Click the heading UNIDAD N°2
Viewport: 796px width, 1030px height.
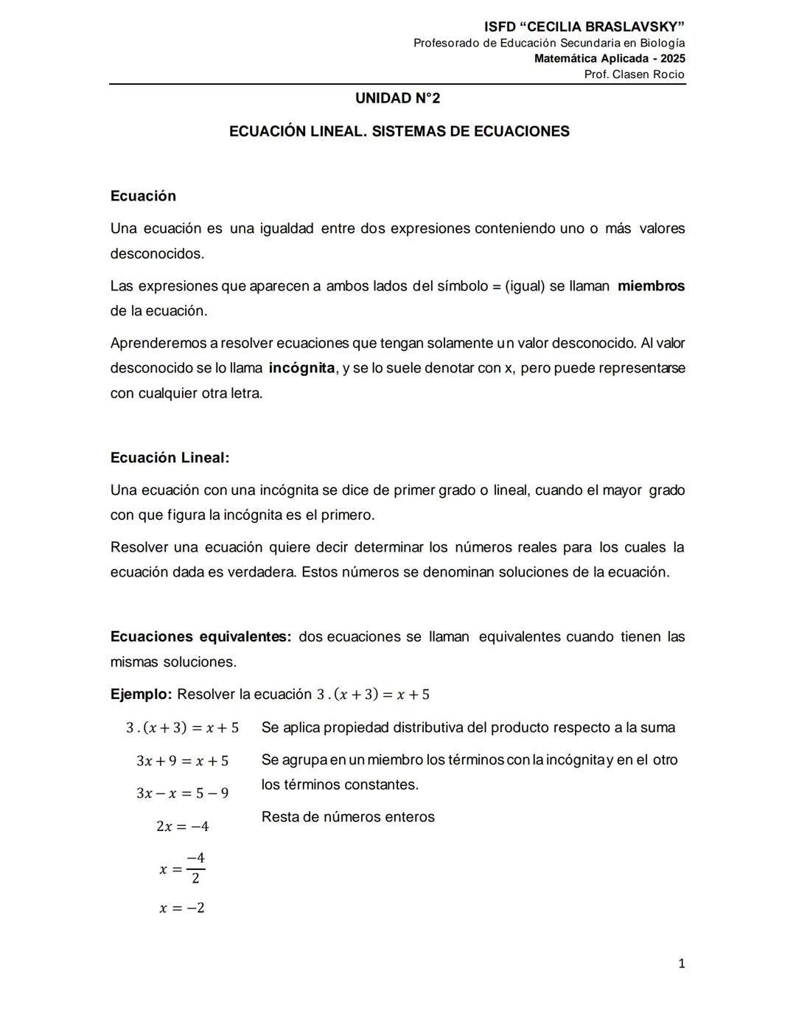coord(397,98)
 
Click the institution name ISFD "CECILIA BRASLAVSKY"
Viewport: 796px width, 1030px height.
coord(584,27)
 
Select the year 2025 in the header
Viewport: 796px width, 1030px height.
coord(672,58)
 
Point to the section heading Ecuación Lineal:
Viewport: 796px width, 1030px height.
coord(170,457)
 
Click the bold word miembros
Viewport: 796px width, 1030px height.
coord(651,286)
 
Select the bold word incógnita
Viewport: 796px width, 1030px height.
coord(301,368)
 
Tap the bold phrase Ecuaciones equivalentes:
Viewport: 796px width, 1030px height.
coord(200,636)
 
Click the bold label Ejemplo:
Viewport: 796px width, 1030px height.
coord(141,694)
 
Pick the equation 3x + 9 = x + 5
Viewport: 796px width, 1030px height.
coord(182,761)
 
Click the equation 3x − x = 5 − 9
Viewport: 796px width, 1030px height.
coord(182,793)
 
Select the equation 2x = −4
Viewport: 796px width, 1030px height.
coord(182,827)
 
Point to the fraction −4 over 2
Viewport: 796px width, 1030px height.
coord(195,869)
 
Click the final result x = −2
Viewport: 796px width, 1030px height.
coord(182,908)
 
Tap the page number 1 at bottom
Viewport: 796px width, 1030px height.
coord(681,963)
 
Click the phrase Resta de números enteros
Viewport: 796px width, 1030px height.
coord(348,817)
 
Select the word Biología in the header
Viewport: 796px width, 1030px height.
coord(661,43)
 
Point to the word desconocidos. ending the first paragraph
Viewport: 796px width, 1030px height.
coord(157,254)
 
